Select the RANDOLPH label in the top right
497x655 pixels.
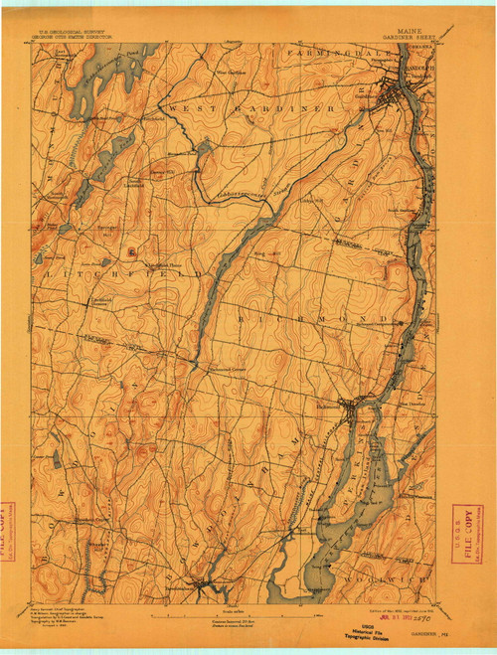pos(422,56)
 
